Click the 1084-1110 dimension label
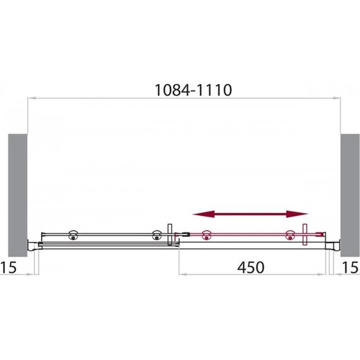193,90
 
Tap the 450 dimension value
251,268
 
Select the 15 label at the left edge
8,268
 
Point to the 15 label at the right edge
351,268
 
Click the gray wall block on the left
18,195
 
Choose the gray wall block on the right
350,195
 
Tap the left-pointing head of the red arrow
203,214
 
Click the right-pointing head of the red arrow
297,214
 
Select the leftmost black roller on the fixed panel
73,235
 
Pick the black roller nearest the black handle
157,235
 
